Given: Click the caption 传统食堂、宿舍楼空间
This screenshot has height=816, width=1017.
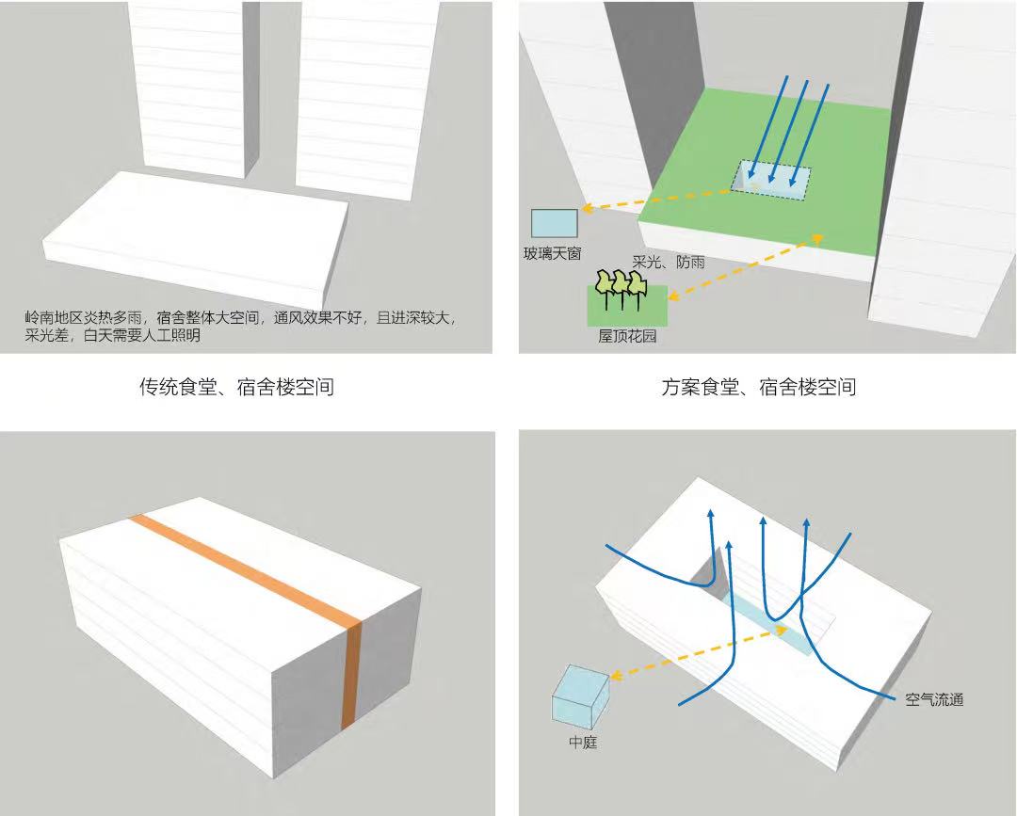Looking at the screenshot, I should click(236, 386).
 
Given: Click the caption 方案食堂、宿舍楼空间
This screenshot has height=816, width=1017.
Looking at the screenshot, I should click(758, 386).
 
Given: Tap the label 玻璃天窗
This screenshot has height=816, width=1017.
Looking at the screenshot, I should click(553, 253).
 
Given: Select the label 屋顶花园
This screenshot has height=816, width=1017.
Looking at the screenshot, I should click(627, 336).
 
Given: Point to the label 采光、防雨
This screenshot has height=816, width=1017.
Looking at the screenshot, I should click(669, 263).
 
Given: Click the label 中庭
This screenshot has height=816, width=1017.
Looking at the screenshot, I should click(583, 743).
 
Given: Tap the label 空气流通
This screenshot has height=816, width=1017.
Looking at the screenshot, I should click(934, 700).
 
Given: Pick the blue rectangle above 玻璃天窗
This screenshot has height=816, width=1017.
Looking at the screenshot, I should click(554, 223).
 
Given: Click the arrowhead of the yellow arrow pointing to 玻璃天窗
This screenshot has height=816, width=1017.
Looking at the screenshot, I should click(585, 209).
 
